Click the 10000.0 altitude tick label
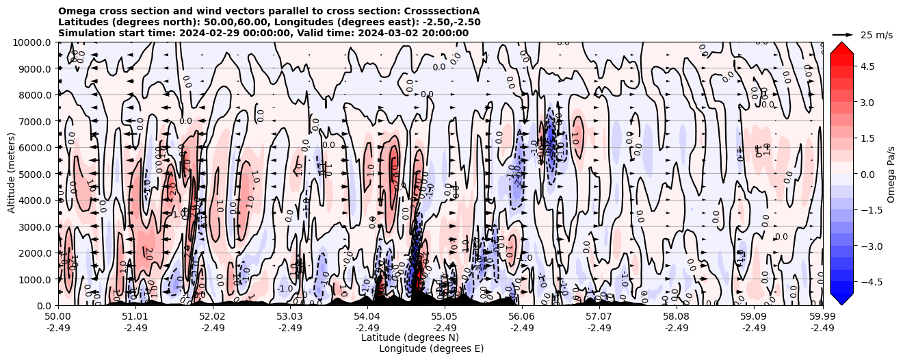32,42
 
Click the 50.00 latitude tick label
58,317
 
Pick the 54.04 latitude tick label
367,317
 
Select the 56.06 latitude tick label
522,317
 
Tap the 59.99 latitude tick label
822,317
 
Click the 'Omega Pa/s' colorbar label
891,174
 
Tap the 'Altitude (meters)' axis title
12,174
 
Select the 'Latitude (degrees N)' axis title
410,337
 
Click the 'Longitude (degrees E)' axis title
431,348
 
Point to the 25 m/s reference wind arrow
843,34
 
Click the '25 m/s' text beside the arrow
876,35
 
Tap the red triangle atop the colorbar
841,47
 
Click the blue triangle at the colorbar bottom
841,298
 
